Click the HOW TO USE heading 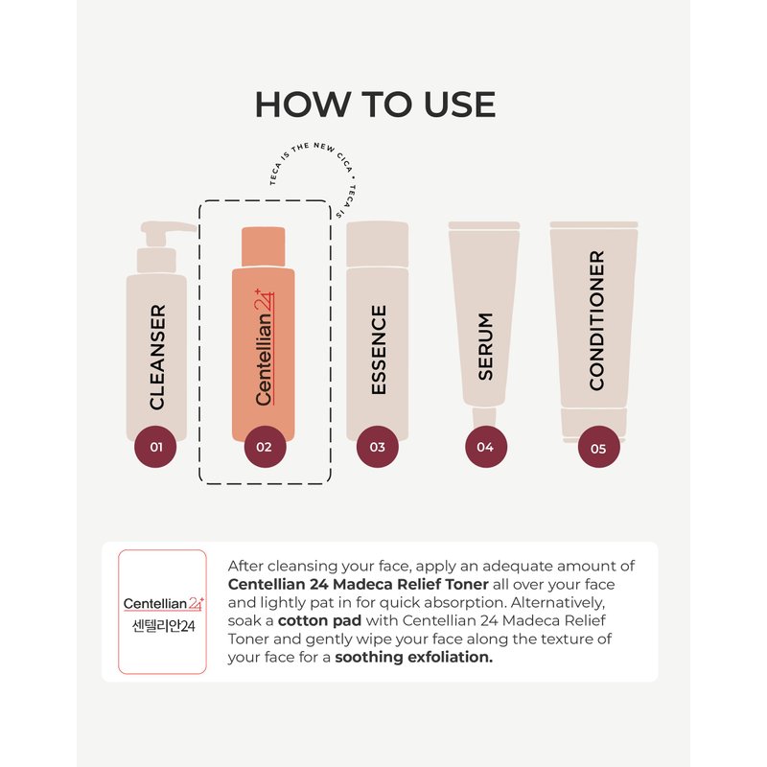(x=375, y=105)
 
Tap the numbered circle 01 (x=155, y=447)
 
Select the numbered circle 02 (x=266, y=447)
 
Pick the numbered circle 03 (x=377, y=447)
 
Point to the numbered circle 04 (x=485, y=447)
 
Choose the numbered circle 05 (x=598, y=447)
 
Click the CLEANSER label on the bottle (x=157, y=357)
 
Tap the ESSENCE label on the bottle (x=379, y=350)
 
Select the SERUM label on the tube (x=485, y=346)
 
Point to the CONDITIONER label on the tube (x=596, y=320)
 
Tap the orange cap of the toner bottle (x=263, y=246)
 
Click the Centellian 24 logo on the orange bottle (x=265, y=347)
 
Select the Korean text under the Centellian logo (x=163, y=626)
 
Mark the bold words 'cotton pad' (x=319, y=620)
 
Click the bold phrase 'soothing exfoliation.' (x=414, y=657)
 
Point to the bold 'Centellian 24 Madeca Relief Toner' (x=358, y=584)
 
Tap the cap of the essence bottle (x=377, y=244)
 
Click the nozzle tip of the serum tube (x=484, y=417)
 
